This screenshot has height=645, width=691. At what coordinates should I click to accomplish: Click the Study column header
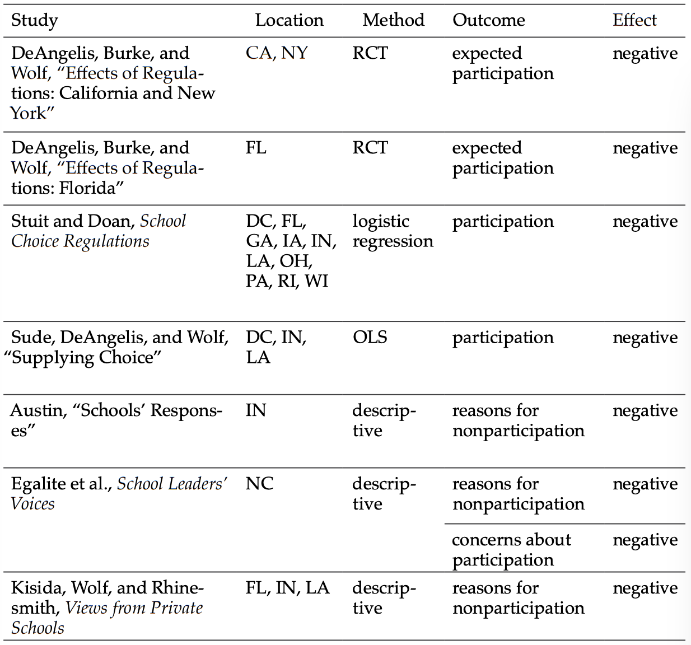(35, 21)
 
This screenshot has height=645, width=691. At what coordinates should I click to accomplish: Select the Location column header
(289, 21)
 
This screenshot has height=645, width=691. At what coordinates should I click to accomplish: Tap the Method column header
(393, 21)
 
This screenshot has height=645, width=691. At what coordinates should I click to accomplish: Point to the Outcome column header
(488, 21)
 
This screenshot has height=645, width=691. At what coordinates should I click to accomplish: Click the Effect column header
(634, 21)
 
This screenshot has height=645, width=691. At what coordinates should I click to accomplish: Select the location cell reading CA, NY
(277, 53)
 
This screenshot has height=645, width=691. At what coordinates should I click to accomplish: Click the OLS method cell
(370, 338)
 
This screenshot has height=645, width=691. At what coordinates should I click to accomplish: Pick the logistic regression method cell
(393, 231)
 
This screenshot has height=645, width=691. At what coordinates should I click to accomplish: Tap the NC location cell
(259, 484)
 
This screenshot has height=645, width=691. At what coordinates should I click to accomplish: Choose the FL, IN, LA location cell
(287, 588)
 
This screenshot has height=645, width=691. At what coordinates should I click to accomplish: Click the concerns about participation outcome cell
(511, 550)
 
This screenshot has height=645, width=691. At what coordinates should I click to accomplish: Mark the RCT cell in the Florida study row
(370, 148)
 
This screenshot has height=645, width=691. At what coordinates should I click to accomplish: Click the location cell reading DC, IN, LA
(276, 347)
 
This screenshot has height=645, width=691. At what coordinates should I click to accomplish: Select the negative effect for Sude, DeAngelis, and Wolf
(645, 338)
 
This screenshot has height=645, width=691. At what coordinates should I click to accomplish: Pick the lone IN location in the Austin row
(255, 411)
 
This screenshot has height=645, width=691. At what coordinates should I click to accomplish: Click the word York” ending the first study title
(32, 114)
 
